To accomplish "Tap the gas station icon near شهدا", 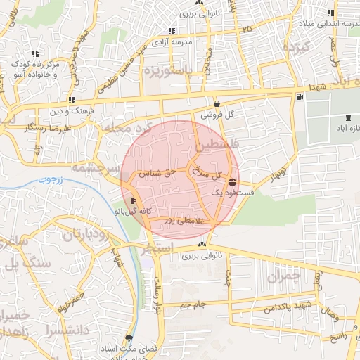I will point(300,96).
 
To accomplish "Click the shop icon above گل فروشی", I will point(217,103).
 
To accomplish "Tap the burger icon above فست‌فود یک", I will point(231,182).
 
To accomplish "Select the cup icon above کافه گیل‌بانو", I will point(133,200).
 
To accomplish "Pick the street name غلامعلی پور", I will point(182,221).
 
